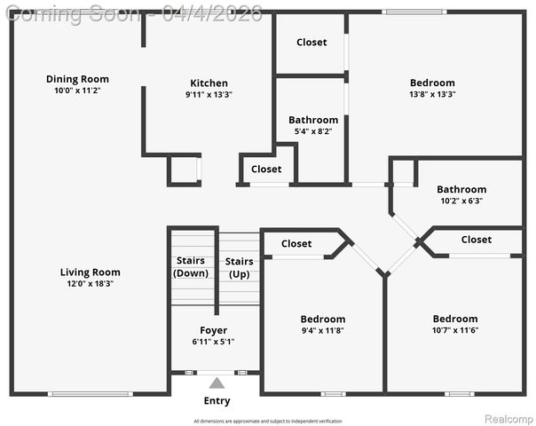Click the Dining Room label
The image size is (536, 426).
(x=77, y=79)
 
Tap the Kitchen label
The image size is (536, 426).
(x=209, y=83)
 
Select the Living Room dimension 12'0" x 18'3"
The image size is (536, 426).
(x=90, y=284)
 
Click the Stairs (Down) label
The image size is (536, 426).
(x=191, y=267)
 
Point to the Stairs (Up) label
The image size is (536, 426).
(x=239, y=267)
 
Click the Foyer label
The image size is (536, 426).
(x=213, y=330)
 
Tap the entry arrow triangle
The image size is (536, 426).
(x=217, y=383)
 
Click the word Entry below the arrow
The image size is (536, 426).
(x=217, y=401)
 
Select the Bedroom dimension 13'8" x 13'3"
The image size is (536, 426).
(x=432, y=94)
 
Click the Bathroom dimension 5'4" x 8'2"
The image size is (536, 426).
(x=312, y=131)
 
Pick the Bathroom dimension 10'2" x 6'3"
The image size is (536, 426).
(x=461, y=201)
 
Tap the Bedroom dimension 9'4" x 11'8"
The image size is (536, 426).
(x=322, y=330)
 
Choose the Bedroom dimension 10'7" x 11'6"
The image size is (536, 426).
(x=454, y=330)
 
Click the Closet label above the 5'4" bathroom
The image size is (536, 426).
(x=311, y=42)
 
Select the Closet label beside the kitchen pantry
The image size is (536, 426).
(x=266, y=169)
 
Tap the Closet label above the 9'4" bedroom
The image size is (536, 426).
(x=296, y=244)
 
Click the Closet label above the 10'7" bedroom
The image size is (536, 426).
(x=476, y=240)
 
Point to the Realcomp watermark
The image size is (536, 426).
(x=508, y=417)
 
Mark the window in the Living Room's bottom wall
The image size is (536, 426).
(x=90, y=393)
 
